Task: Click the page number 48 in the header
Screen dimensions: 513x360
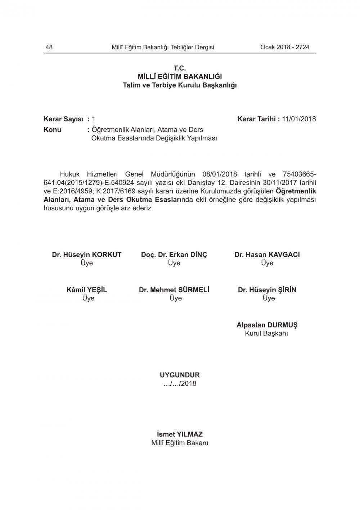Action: click(49, 47)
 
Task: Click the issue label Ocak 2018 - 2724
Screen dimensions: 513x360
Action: click(285, 47)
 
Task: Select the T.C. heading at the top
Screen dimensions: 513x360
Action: click(180, 68)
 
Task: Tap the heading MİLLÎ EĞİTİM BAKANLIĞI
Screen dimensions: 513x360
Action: click(180, 77)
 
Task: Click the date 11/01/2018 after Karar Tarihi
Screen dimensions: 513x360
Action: click(299, 119)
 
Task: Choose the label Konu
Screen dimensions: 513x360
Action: click(53, 130)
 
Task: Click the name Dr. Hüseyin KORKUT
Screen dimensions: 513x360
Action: click(87, 255)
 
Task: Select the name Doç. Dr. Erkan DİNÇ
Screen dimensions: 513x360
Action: click(174, 255)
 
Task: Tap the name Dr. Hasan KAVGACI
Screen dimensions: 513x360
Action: click(267, 255)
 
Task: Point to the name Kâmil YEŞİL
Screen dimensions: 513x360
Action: click(87, 290)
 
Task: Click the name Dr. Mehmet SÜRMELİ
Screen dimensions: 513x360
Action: click(174, 290)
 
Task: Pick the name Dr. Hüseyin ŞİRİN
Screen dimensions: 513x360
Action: click(267, 290)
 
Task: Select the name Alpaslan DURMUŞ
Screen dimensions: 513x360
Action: click(267, 325)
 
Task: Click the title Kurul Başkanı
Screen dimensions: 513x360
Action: click(266, 334)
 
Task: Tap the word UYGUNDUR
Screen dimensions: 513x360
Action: click(180, 375)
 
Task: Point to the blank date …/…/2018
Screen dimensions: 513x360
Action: click(180, 384)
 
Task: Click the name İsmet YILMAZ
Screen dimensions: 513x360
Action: click(180, 434)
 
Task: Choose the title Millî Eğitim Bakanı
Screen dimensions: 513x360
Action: click(180, 443)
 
